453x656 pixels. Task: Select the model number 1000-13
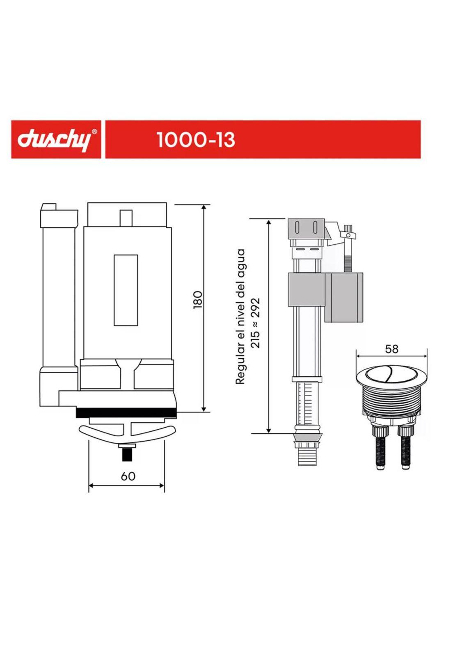click(196, 140)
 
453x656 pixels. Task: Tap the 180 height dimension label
click(198, 299)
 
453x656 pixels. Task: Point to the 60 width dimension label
click(128, 476)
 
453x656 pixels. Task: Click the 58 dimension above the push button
click(392, 349)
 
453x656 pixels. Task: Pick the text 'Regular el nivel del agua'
click(240, 317)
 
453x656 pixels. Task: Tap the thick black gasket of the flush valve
click(126, 412)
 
